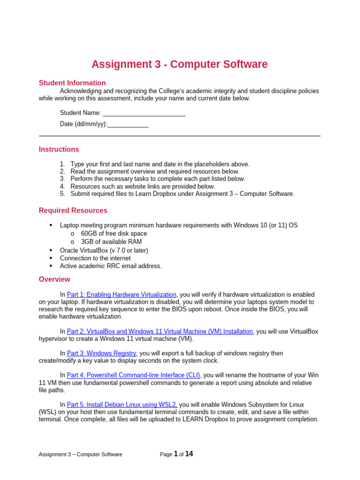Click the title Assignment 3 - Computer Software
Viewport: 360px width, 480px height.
[180, 64]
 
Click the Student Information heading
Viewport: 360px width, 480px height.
[72, 83]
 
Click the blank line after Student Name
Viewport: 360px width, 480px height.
[144, 113]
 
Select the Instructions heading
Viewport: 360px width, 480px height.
[59, 150]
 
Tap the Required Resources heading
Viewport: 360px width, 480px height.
[73, 210]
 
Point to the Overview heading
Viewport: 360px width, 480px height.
[54, 279]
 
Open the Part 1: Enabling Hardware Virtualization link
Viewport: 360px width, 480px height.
[122, 294]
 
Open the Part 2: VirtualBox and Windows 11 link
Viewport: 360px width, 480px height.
[160, 331]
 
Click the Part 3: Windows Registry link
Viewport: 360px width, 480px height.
[102, 353]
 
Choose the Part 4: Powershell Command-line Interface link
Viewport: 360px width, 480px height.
[134, 375]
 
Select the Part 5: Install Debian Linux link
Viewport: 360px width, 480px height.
[122, 405]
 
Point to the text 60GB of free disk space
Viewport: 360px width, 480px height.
[114, 233]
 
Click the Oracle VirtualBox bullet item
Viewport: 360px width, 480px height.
[104, 250]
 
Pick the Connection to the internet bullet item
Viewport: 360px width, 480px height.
[95, 258]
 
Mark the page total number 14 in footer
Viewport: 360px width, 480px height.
[189, 454]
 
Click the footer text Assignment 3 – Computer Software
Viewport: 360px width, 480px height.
[80, 454]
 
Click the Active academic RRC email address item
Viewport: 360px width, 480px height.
[111, 266]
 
